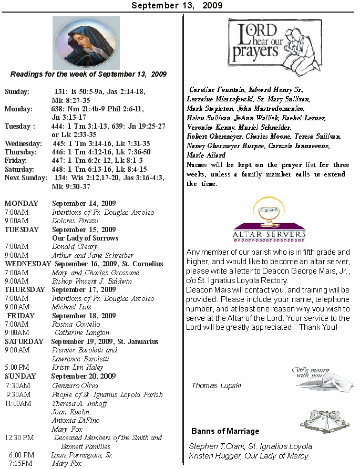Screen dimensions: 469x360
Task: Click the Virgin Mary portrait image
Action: point(86,43)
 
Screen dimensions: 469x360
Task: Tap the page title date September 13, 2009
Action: point(177,5)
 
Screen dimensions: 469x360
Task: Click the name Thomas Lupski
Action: point(216,385)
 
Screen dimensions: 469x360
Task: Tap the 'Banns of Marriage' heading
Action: point(225,431)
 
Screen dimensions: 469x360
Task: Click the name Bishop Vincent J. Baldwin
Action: point(92,281)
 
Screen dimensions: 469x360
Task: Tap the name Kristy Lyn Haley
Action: point(77,368)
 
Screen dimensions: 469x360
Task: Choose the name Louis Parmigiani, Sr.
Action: point(82,455)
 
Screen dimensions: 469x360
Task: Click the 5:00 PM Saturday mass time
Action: point(17,368)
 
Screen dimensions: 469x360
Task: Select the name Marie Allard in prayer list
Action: point(206,155)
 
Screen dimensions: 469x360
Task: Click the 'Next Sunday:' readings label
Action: point(26,178)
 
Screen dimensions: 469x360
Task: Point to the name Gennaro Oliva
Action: point(75,385)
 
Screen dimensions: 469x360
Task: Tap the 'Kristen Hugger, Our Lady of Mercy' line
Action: point(248,456)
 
